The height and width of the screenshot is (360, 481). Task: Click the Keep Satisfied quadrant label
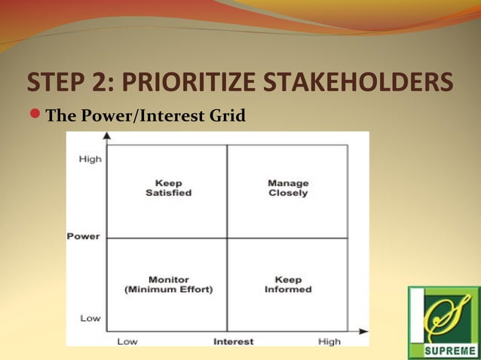tap(168, 188)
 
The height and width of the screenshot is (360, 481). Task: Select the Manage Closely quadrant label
tap(288, 188)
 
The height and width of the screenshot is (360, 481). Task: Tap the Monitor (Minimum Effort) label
tap(168, 285)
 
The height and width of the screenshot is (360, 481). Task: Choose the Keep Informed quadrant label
tap(288, 285)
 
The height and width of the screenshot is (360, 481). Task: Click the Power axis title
tap(83, 236)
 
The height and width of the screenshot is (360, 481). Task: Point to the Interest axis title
tap(233, 341)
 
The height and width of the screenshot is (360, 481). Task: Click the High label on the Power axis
tap(90, 159)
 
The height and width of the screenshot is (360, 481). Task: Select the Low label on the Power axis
tap(90, 318)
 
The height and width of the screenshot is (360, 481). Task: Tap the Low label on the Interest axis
tap(127, 341)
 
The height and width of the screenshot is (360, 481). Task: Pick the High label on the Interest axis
tap(329, 341)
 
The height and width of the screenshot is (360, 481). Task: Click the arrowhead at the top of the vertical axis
tap(107, 136)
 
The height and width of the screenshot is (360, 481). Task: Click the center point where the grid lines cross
tap(227, 238)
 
